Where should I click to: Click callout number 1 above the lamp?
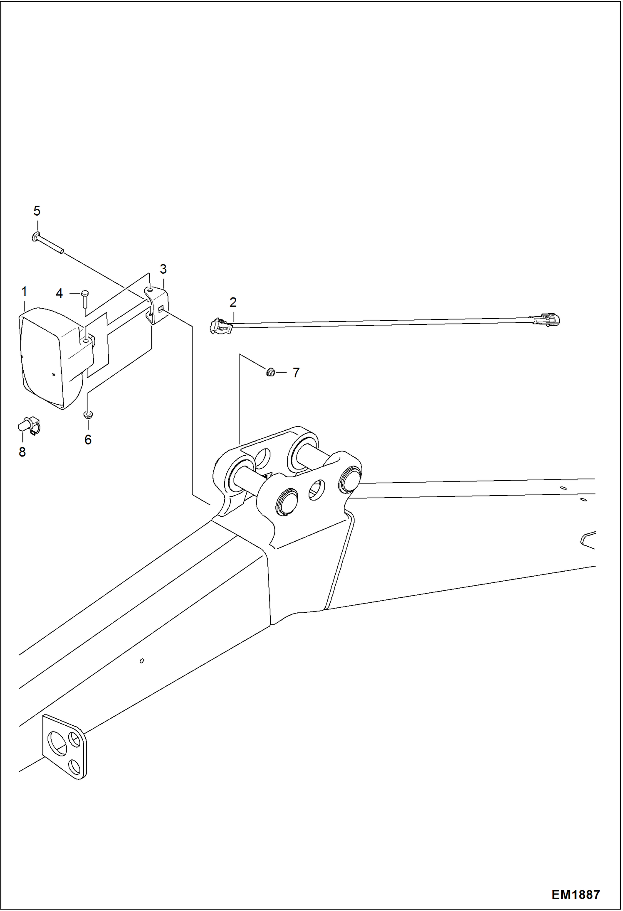pyautogui.click(x=24, y=292)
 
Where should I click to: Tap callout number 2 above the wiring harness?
pyautogui.click(x=233, y=302)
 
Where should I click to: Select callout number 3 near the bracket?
pyautogui.click(x=163, y=269)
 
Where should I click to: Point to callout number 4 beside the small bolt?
pyautogui.click(x=59, y=294)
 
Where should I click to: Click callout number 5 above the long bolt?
pyautogui.click(x=37, y=211)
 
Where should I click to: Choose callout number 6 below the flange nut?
pyautogui.click(x=88, y=440)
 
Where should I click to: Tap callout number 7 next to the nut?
pyautogui.click(x=296, y=373)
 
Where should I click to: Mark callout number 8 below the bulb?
pyautogui.click(x=22, y=452)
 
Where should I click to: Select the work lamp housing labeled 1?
pyautogui.click(x=46, y=357)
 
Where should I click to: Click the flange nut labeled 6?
pyautogui.click(x=88, y=414)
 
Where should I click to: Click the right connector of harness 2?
pyautogui.click(x=547, y=319)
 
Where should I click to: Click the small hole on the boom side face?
pyautogui.click(x=142, y=661)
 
